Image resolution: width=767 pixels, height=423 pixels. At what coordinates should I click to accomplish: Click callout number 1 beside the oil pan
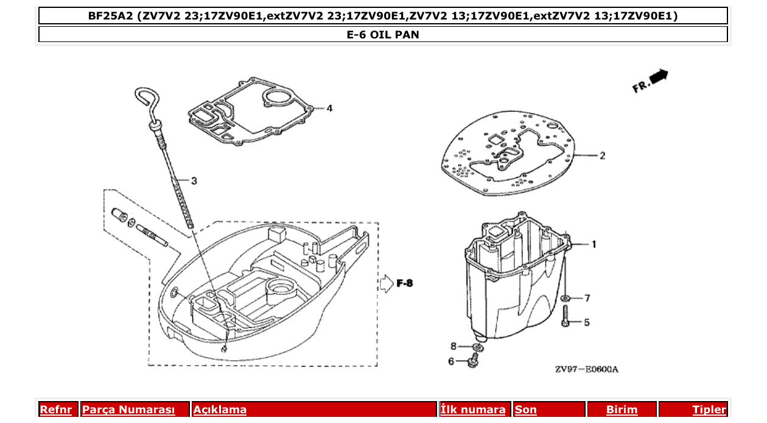594,244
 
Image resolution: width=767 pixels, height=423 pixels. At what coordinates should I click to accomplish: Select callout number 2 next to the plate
602,156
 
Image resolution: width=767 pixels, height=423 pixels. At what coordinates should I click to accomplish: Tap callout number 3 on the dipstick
194,180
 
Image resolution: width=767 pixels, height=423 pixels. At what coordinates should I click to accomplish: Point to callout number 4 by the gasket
329,108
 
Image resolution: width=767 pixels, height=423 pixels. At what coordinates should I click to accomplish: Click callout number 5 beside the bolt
587,322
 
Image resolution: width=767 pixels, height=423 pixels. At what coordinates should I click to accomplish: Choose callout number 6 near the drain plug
451,361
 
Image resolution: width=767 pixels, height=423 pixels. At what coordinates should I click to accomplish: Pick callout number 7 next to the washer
587,298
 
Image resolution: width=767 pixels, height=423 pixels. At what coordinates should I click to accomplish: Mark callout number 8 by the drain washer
453,347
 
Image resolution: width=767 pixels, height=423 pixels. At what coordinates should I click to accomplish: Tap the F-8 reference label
405,283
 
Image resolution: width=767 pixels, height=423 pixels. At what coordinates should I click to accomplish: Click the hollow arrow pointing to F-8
387,283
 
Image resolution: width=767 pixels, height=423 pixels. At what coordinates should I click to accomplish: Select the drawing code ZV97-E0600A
586,369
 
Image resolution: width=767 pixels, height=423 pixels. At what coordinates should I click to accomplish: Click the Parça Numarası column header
128,410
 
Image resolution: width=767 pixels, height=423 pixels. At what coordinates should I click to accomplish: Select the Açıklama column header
220,410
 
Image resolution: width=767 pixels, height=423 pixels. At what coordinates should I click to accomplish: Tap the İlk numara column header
473,410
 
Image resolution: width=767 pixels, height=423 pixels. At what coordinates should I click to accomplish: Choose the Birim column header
622,410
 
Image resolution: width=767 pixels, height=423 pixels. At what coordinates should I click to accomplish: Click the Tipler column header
709,410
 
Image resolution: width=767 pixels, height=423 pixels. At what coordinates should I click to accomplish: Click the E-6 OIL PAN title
383,35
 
